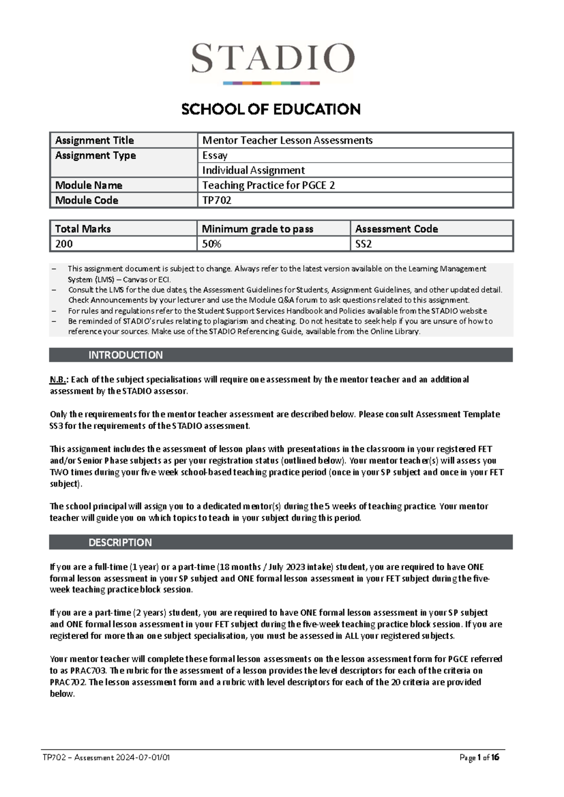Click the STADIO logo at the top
(x=272, y=61)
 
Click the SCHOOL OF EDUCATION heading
(x=271, y=109)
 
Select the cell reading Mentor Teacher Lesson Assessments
(x=287, y=140)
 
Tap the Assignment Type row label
(x=95, y=156)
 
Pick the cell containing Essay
(x=215, y=156)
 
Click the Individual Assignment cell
(x=253, y=170)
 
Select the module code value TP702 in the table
(x=217, y=200)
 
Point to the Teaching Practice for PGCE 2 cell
(x=268, y=185)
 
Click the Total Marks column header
(x=83, y=229)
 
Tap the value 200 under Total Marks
(x=64, y=244)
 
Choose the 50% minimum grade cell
(x=211, y=244)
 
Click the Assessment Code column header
(x=396, y=229)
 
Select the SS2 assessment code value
(x=363, y=244)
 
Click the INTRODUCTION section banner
(x=125, y=355)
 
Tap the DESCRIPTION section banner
(x=120, y=542)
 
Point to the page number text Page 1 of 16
(x=479, y=758)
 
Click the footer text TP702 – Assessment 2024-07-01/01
(x=106, y=758)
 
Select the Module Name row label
(x=89, y=185)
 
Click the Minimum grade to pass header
(x=258, y=229)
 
